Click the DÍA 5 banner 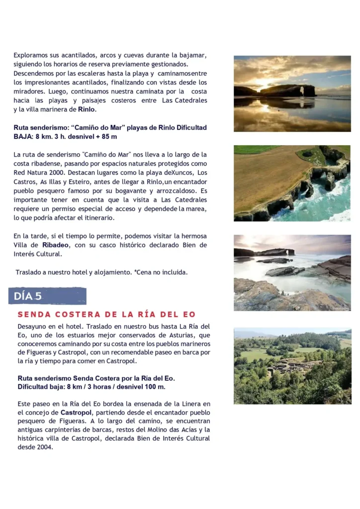(x=47, y=296)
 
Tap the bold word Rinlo (x=87, y=109)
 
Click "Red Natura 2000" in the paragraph (x=37, y=172)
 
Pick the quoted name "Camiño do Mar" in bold (x=108, y=128)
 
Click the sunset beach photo (x=292, y=93)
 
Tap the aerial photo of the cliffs (x=292, y=183)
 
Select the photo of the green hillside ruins (x=292, y=365)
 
